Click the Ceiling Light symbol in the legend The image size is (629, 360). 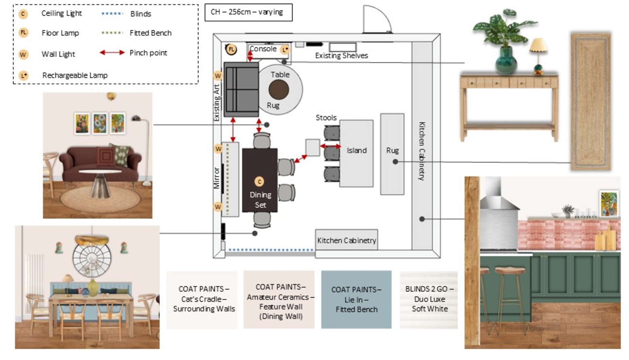[23, 14]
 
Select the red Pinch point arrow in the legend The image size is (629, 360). [112, 53]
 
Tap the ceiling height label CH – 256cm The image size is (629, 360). [247, 12]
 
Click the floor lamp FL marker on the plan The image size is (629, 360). [231, 49]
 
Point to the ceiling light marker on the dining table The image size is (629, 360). [259, 182]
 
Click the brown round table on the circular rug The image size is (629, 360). [279, 89]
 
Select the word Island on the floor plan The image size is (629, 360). [356, 150]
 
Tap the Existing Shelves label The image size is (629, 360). [342, 56]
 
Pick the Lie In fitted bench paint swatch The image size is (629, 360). [356, 299]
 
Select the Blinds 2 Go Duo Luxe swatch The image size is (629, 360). [429, 299]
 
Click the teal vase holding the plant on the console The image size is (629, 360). [506, 61]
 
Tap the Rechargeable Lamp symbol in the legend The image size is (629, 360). [23, 75]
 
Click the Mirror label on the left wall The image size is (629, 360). [217, 178]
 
